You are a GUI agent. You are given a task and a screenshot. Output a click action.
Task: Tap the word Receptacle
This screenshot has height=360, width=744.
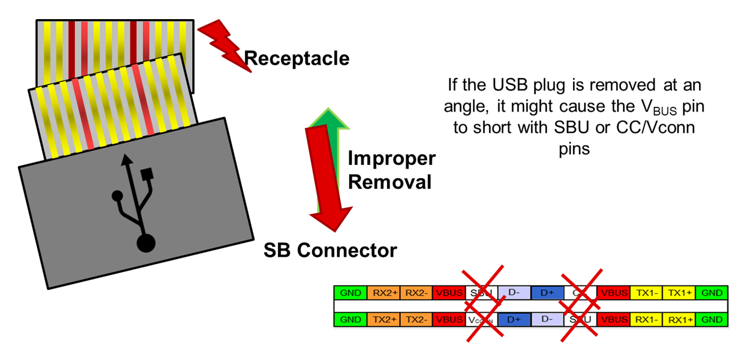click(x=296, y=58)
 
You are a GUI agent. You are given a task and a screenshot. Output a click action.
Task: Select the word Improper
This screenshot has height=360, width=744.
click(x=391, y=159)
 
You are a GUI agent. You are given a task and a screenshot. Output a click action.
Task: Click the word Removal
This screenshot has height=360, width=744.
click(x=390, y=182)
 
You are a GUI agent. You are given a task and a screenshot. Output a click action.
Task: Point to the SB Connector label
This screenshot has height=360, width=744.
click(x=330, y=250)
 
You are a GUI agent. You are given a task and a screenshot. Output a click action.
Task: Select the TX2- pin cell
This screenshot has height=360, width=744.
click(x=416, y=319)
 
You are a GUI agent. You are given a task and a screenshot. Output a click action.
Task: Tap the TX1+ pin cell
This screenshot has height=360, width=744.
click(x=679, y=292)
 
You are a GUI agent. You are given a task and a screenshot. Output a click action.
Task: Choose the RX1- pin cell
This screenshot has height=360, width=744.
click(x=646, y=319)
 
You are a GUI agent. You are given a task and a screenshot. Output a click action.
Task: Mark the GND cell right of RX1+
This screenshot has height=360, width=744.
click(x=711, y=319)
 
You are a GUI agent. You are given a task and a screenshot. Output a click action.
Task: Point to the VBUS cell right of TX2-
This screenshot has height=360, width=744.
click(x=449, y=319)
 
